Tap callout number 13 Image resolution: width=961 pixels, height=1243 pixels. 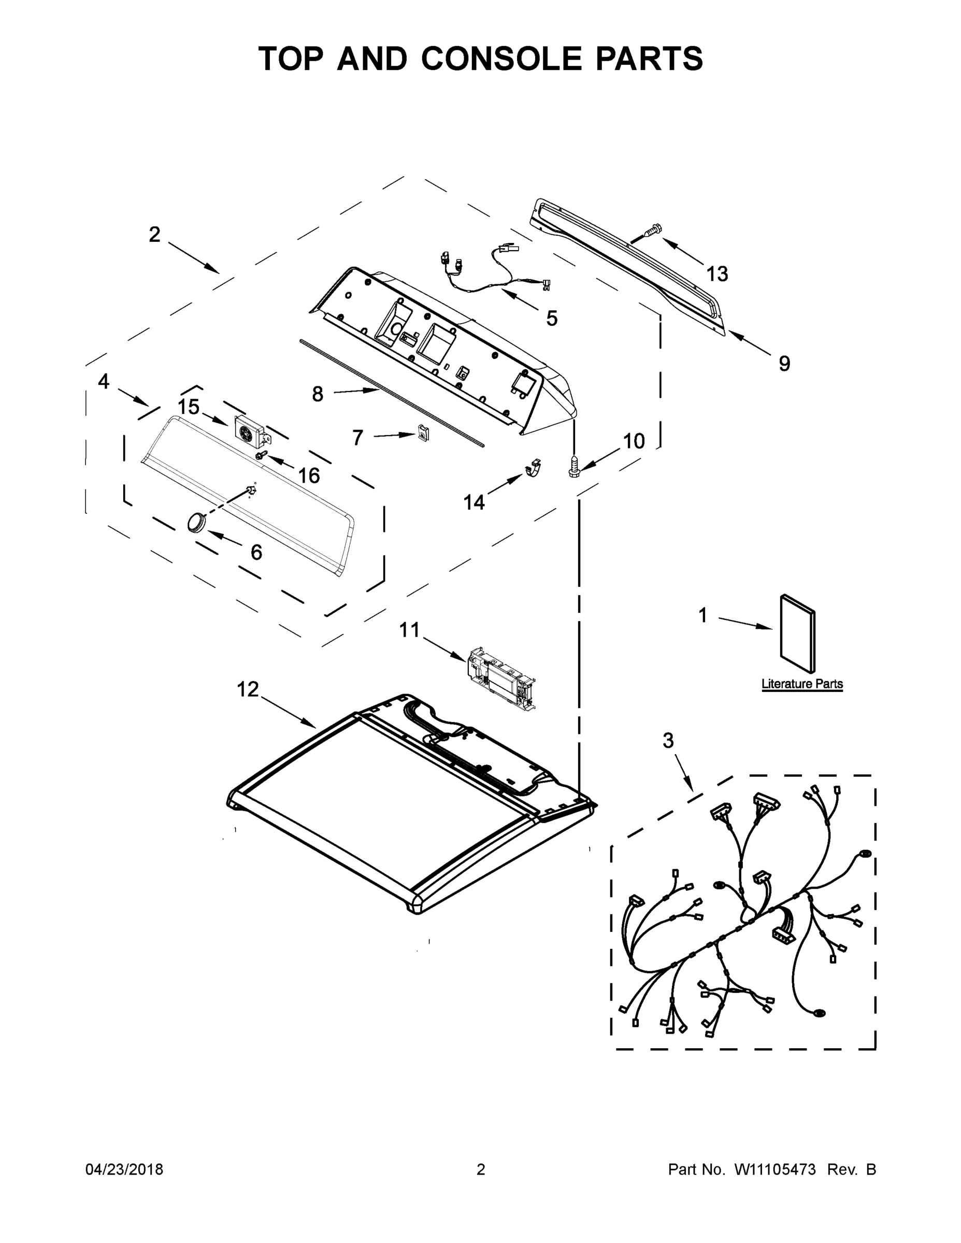pos(717,274)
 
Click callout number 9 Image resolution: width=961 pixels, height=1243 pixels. pos(784,364)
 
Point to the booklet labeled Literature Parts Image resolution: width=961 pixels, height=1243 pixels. pos(797,633)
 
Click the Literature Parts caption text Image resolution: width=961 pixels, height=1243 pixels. pos(801,684)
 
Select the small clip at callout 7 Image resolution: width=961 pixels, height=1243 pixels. pos(422,433)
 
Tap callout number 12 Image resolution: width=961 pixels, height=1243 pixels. pos(248,689)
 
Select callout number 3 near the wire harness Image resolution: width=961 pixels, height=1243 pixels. pos(668,741)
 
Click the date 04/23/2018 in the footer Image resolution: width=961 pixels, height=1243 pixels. pos(124,1169)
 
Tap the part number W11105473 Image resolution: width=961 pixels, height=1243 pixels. pos(775,1169)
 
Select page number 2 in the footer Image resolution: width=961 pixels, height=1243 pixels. pos(481,1169)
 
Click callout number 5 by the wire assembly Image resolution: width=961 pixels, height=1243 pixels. pos(551,319)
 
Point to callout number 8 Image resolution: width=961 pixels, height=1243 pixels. pos(317,393)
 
